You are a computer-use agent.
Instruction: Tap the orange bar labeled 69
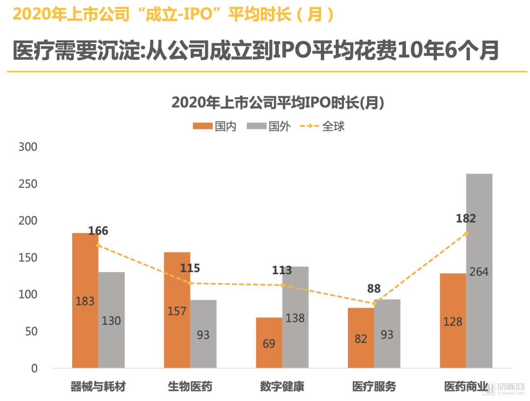269,343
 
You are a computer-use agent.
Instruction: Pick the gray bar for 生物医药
203,334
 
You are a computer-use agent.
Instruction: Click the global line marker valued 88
374,303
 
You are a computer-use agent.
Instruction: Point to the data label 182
466,219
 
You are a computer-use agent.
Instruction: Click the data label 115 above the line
190,268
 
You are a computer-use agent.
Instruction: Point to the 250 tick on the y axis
27,184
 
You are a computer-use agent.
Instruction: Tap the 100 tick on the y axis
27,294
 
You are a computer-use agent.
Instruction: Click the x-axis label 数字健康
282,387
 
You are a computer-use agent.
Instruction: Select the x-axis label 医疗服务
374,387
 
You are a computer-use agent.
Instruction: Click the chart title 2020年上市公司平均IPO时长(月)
277,103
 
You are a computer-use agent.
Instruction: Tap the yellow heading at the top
174,14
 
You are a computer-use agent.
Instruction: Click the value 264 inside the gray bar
478,272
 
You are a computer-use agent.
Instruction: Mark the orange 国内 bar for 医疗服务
361,338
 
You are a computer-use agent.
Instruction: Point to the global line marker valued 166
99,245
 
